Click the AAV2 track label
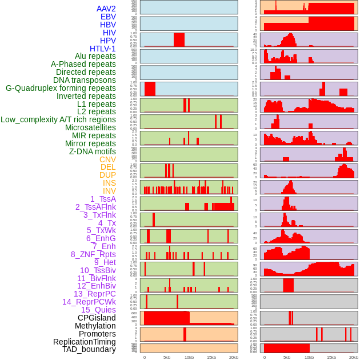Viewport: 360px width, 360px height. pyautogui.click(x=106, y=9)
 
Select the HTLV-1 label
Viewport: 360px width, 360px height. pyautogui.click(x=103, y=49)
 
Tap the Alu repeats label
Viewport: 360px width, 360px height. pyautogui.click(x=95, y=57)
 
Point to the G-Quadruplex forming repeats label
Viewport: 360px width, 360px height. pyautogui.click(x=61, y=88)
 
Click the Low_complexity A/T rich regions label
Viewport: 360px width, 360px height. pyautogui.click(x=58, y=119)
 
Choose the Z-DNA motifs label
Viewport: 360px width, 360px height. pyautogui.click(x=93, y=151)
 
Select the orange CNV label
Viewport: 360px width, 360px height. pyautogui.click(x=107, y=159)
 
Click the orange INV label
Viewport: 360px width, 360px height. pyautogui.click(x=109, y=191)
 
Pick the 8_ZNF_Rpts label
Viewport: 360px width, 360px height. pyautogui.click(x=93, y=254)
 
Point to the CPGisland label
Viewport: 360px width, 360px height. pyautogui.click(x=97, y=318)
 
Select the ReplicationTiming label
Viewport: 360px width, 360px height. pyautogui.click(x=85, y=342)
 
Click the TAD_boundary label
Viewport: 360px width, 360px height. pyautogui.click(x=89, y=349)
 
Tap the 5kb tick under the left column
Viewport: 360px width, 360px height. pyautogui.click(x=167, y=357)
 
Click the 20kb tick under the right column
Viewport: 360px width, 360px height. pyautogui.click(x=353, y=357)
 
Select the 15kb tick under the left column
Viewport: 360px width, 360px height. pyautogui.click(x=211, y=357)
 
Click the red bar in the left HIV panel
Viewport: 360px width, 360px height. pyautogui.click(x=179, y=39)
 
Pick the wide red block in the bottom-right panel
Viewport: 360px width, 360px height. pyautogui.click(x=286, y=347)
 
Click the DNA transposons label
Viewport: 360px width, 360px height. pyautogui.click(x=85, y=80)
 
